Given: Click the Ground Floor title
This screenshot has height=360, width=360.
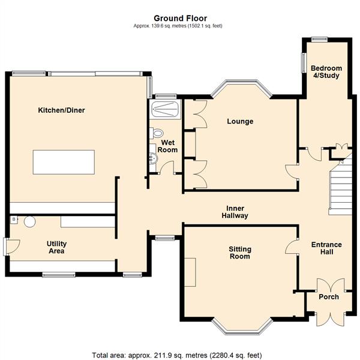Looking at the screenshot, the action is [x=180, y=19].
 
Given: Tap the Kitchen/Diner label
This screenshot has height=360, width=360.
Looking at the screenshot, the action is [x=62, y=110].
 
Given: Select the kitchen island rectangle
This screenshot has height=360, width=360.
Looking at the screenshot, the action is [x=64, y=162].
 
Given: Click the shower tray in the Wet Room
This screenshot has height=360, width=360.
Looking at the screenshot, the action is [x=165, y=109].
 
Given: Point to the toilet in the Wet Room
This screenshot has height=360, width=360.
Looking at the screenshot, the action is [x=157, y=133].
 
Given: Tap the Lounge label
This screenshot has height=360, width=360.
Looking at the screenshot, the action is [x=240, y=121].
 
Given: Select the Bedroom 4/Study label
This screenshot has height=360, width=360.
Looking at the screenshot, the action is [x=326, y=72].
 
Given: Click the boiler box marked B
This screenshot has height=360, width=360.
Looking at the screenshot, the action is [x=14, y=220].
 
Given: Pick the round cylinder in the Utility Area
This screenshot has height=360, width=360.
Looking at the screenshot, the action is [x=30, y=221].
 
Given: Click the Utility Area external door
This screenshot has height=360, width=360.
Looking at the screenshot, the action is [x=11, y=247].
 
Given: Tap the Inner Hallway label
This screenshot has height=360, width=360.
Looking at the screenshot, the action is [x=235, y=212].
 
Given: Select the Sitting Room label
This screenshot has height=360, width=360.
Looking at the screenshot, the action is [x=240, y=253].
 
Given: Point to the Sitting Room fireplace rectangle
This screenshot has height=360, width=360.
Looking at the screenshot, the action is [x=190, y=272].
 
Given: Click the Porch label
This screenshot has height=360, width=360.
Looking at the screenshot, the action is [x=329, y=297].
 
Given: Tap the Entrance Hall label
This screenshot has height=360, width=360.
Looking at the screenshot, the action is [x=326, y=248].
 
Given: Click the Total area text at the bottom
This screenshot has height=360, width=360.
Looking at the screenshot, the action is [x=177, y=355].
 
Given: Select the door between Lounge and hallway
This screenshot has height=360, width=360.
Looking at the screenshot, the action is [x=292, y=172].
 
